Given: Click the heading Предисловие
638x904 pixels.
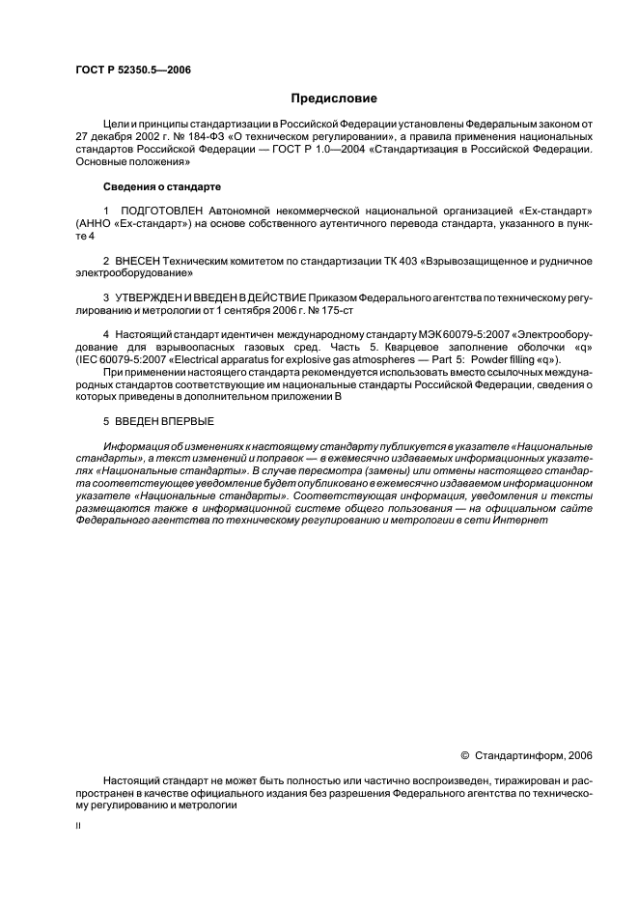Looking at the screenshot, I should (334, 99).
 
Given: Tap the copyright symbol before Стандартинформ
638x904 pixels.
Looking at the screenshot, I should (464, 755).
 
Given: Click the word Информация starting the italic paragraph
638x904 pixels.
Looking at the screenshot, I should (138, 445).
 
